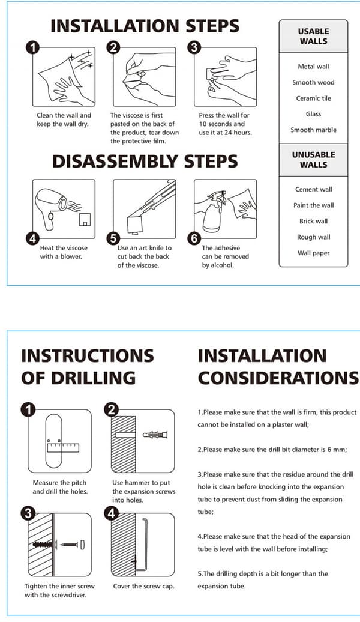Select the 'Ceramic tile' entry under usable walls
(313, 98)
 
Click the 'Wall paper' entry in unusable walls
(314, 253)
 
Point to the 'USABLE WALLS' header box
(313, 36)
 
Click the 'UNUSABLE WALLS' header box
(313, 160)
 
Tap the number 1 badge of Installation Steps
(32, 48)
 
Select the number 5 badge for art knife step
(113, 239)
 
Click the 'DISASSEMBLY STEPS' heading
(145, 162)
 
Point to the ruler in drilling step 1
(62, 448)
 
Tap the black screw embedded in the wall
(43, 545)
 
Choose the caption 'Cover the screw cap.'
(143, 587)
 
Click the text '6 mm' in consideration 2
(337, 450)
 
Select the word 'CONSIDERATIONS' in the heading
(278, 378)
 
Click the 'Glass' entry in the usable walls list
(313, 114)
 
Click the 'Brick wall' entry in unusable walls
(314, 222)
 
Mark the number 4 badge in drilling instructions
(111, 513)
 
